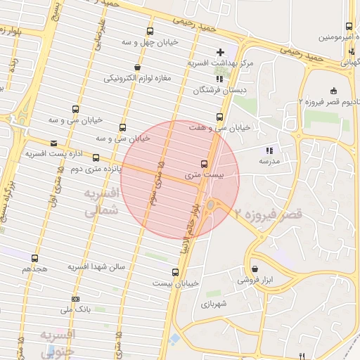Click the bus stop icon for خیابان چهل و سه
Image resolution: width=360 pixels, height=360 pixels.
(x=150, y=31)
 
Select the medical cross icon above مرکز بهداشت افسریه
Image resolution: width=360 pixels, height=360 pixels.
(x=221, y=51)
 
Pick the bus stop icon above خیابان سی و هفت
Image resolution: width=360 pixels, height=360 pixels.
(x=220, y=117)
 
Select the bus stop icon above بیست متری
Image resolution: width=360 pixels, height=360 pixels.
(x=205, y=162)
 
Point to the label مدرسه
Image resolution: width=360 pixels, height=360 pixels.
(x=269, y=161)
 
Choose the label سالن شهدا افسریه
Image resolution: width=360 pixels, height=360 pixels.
(x=96, y=267)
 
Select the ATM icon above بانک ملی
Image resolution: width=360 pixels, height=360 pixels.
(x=75, y=298)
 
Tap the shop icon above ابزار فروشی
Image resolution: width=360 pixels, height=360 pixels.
(x=254, y=269)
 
